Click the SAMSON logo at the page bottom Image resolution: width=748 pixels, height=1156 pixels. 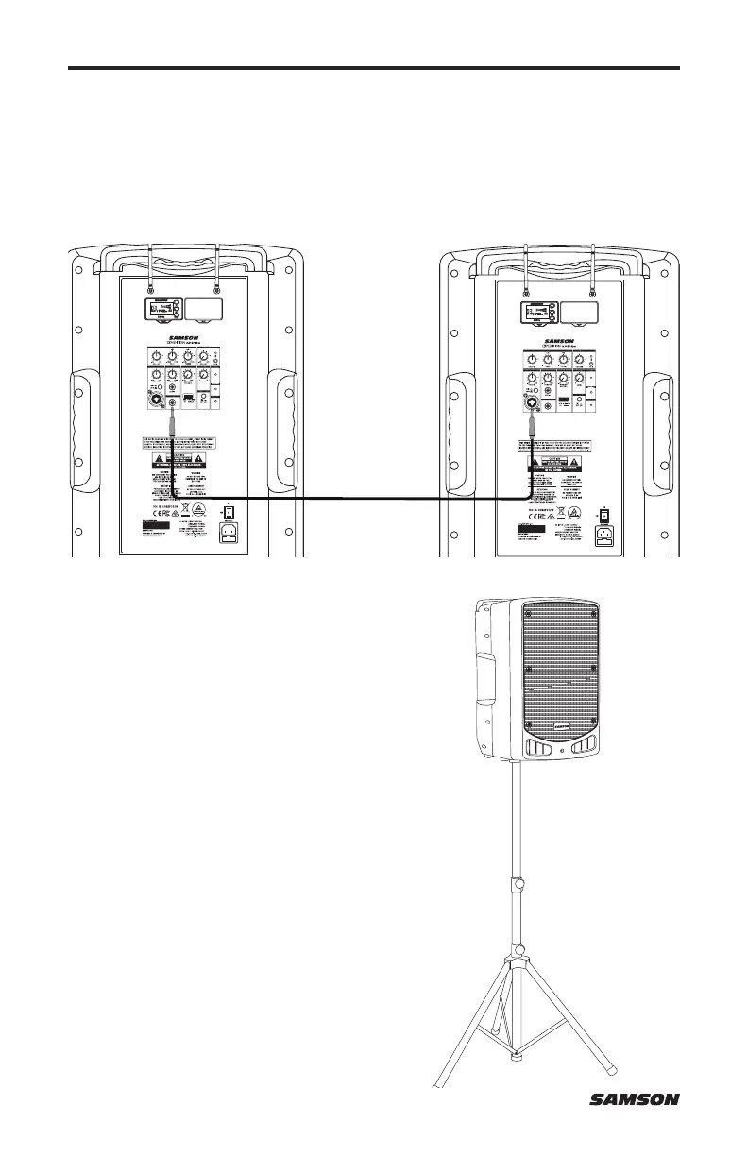[x=634, y=1099]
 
